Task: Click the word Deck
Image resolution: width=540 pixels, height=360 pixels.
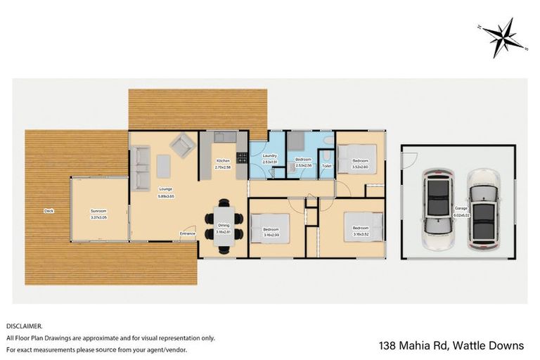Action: pos(49,210)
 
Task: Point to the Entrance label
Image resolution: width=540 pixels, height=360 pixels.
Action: pos(187,233)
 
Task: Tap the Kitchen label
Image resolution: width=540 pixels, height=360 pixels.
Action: pos(222,160)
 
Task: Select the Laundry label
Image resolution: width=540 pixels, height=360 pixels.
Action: pos(270,156)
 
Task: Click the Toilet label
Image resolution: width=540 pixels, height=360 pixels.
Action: pos(326,166)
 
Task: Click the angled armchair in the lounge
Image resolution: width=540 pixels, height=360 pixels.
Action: pos(184,146)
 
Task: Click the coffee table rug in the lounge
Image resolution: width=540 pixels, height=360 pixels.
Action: pos(163,165)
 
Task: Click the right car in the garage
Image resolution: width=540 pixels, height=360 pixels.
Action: pos(483,212)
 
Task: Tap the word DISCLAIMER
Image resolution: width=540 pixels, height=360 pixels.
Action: pos(25,326)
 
